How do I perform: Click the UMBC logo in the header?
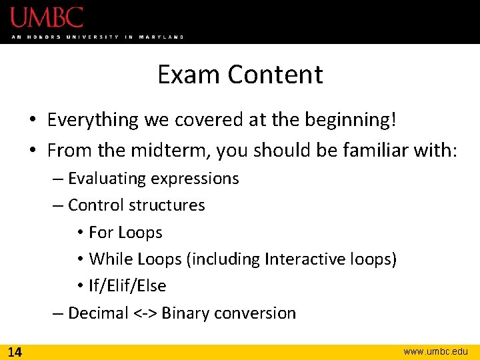click(x=47, y=17)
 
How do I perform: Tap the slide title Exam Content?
click(x=240, y=74)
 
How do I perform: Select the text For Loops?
click(x=125, y=233)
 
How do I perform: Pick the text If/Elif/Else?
click(x=127, y=286)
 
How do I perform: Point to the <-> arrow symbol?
click(x=145, y=313)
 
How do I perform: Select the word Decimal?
click(x=98, y=313)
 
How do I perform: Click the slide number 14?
click(x=15, y=351)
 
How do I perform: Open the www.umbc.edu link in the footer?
click(x=436, y=351)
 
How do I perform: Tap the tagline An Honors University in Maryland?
click(x=97, y=37)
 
